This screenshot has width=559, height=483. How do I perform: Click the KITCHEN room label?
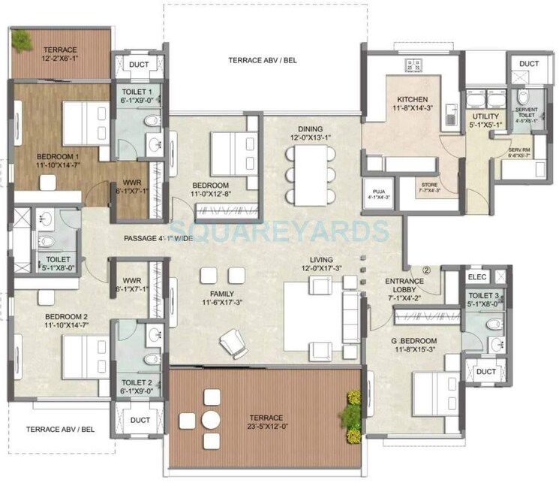point(411,99)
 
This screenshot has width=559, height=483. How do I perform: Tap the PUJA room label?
point(374,192)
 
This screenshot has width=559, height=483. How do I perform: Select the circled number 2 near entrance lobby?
point(426,264)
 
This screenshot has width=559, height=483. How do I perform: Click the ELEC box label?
point(476,276)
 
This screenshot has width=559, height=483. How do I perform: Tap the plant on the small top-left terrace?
point(21,36)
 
